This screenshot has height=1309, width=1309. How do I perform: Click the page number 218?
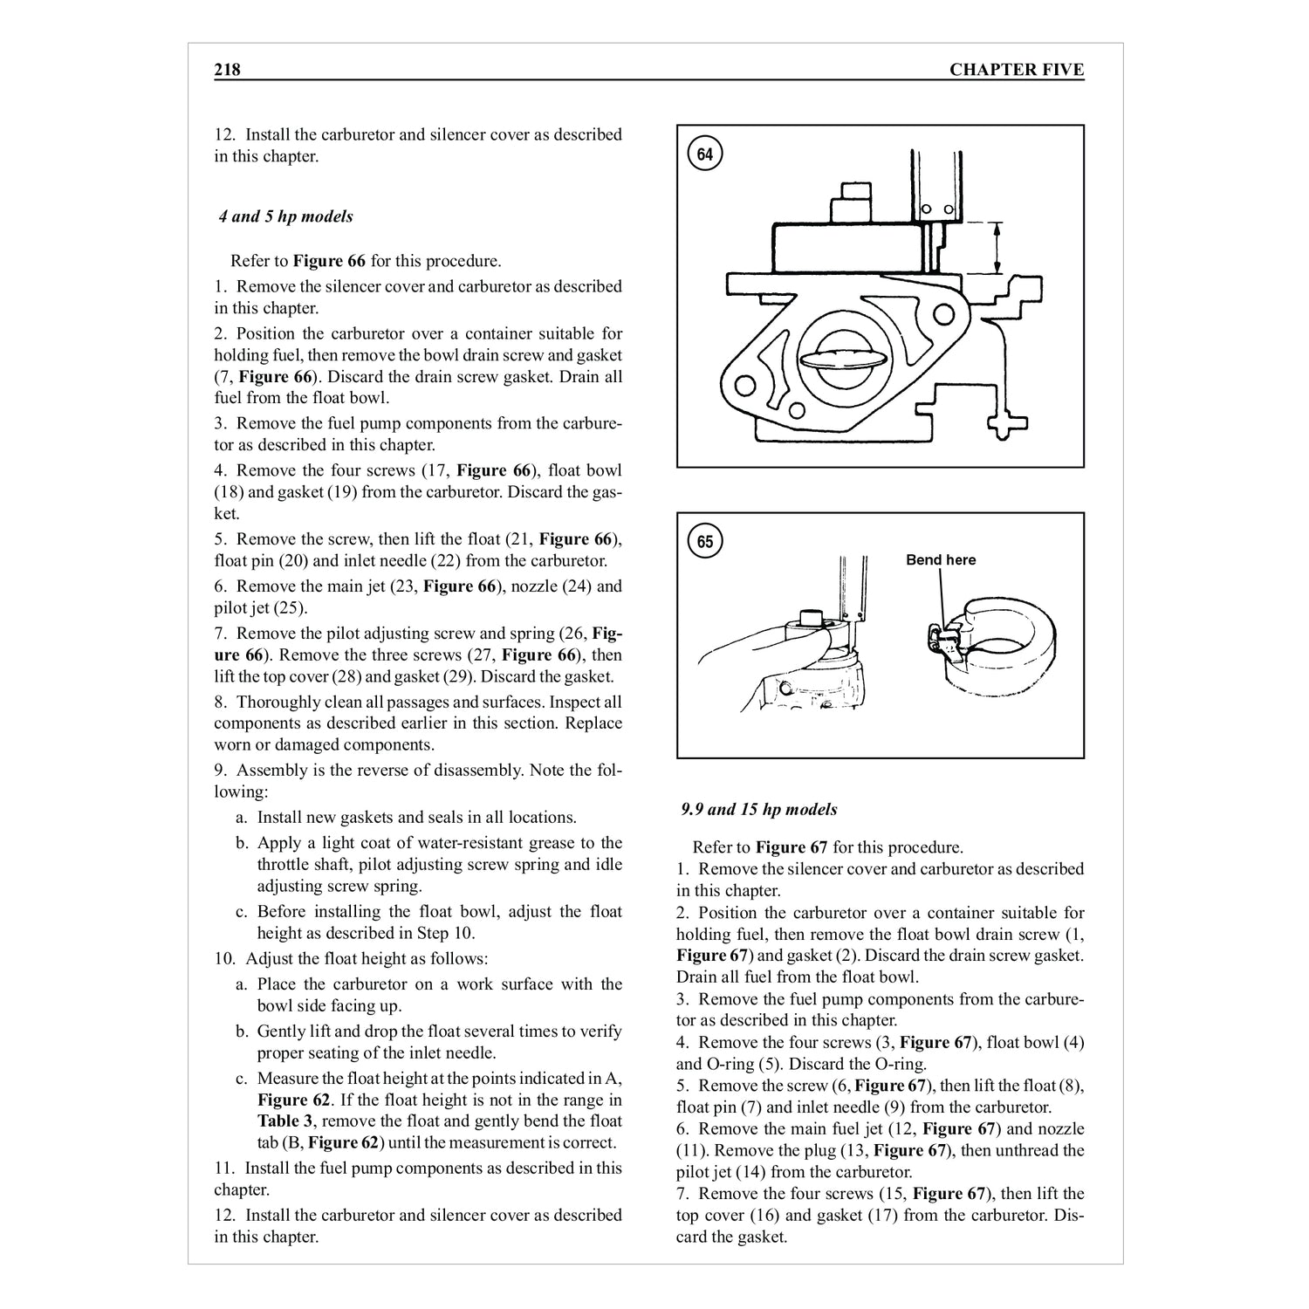[x=227, y=70]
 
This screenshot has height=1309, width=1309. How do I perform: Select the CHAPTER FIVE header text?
[x=1016, y=70]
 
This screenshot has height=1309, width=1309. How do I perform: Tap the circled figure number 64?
[x=705, y=155]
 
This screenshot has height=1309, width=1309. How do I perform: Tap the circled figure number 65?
[x=705, y=542]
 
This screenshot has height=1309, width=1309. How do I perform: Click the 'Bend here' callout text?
[x=941, y=560]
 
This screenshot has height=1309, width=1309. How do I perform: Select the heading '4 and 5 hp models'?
[x=286, y=216]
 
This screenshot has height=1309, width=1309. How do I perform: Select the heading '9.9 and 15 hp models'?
[x=759, y=810]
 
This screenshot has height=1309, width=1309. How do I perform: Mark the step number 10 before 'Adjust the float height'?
[x=225, y=958]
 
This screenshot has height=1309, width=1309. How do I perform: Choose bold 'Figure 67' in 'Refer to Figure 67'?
[x=792, y=847]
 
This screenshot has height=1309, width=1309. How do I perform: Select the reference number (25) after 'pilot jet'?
[x=291, y=608]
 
